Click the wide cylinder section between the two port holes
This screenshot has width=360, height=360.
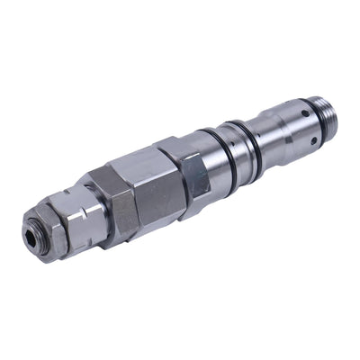coord(283,112)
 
